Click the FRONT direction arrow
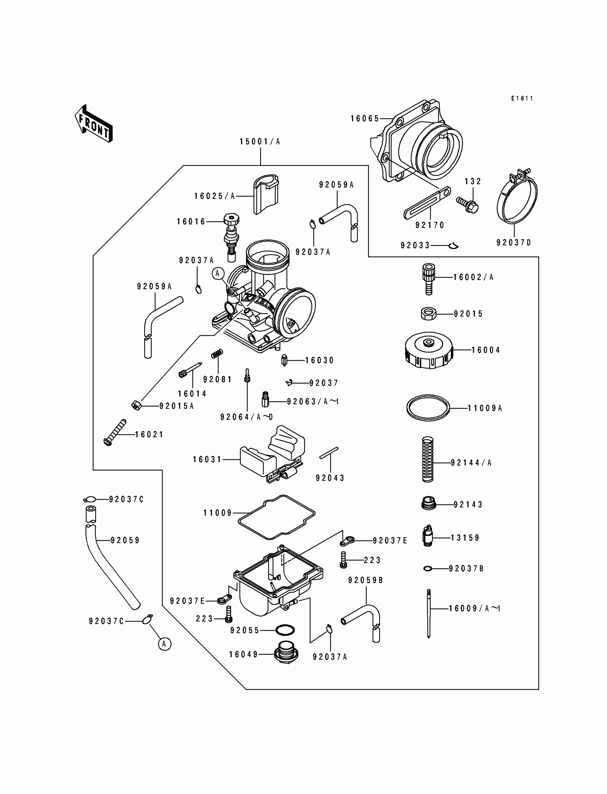(x=94, y=124)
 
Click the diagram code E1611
(x=522, y=98)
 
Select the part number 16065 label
(x=365, y=119)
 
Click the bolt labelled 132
(x=467, y=205)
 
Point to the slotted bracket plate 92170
(x=427, y=203)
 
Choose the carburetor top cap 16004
(x=428, y=350)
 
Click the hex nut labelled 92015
(x=428, y=313)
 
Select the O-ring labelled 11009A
(x=428, y=408)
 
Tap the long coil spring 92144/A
(x=428, y=459)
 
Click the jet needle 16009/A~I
(x=429, y=614)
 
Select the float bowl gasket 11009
(x=276, y=517)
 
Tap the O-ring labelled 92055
(x=285, y=630)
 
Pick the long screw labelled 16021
(x=115, y=432)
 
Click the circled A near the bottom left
(x=164, y=644)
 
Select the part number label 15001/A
(x=260, y=142)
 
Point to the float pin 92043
(x=329, y=453)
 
